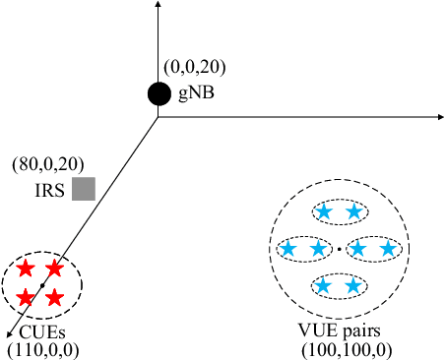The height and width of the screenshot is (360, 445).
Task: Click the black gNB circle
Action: pyautogui.click(x=159, y=93)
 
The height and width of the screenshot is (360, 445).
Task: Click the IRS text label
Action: pyautogui.click(x=47, y=188)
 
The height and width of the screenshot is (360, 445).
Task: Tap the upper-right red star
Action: pyautogui.click(x=55, y=269)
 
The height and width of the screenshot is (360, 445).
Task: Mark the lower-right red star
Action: pyautogui.click(x=55, y=297)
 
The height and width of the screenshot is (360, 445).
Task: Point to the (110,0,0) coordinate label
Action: pyautogui.click(x=42, y=349)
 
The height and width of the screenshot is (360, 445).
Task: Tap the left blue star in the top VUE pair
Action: pyautogui.click(x=325, y=212)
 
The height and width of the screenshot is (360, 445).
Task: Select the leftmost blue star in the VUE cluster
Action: pyautogui.click(x=288, y=250)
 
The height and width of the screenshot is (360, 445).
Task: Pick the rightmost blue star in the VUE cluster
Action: pyautogui.click(x=388, y=250)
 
